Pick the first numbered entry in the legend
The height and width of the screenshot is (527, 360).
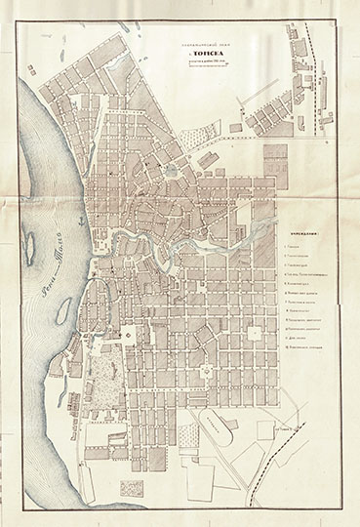294,248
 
